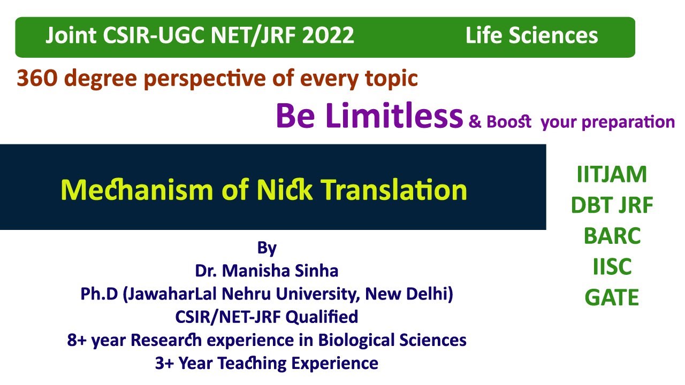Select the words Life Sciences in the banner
[531, 36]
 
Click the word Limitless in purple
[394, 117]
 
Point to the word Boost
[508, 122]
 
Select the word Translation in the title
[395, 189]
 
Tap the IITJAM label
[612, 175]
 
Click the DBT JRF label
[612, 205]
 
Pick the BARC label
[612, 236]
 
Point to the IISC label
[612, 266]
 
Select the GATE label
[612, 297]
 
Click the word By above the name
[267, 248]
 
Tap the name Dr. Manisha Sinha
[267, 271]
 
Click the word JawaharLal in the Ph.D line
[170, 294]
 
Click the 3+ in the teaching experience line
[164, 364]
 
